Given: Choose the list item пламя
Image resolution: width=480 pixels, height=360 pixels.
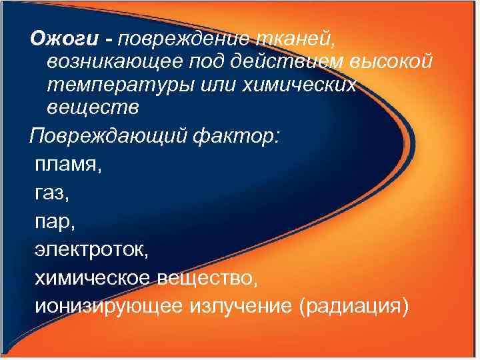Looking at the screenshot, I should click(x=67, y=164).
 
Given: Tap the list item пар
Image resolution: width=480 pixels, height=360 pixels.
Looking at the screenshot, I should click(x=51, y=222).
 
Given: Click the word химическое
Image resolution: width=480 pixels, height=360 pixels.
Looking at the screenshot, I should click(x=93, y=278).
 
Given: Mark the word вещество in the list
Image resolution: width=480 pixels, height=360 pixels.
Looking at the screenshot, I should click(x=213, y=278).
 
